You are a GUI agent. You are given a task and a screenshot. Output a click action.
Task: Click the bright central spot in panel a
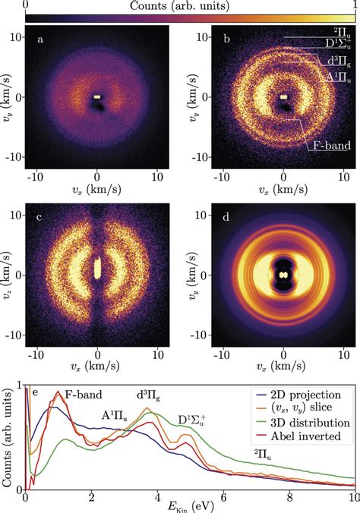click(x=97, y=97)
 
